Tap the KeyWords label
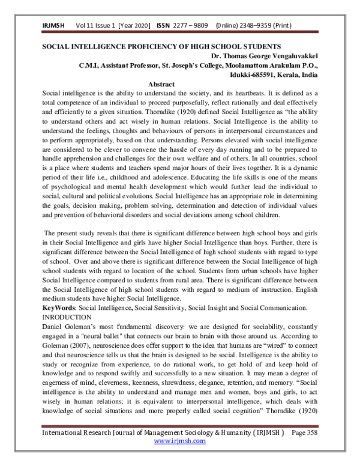tap(57, 307)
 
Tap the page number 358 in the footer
tap(317, 448)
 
